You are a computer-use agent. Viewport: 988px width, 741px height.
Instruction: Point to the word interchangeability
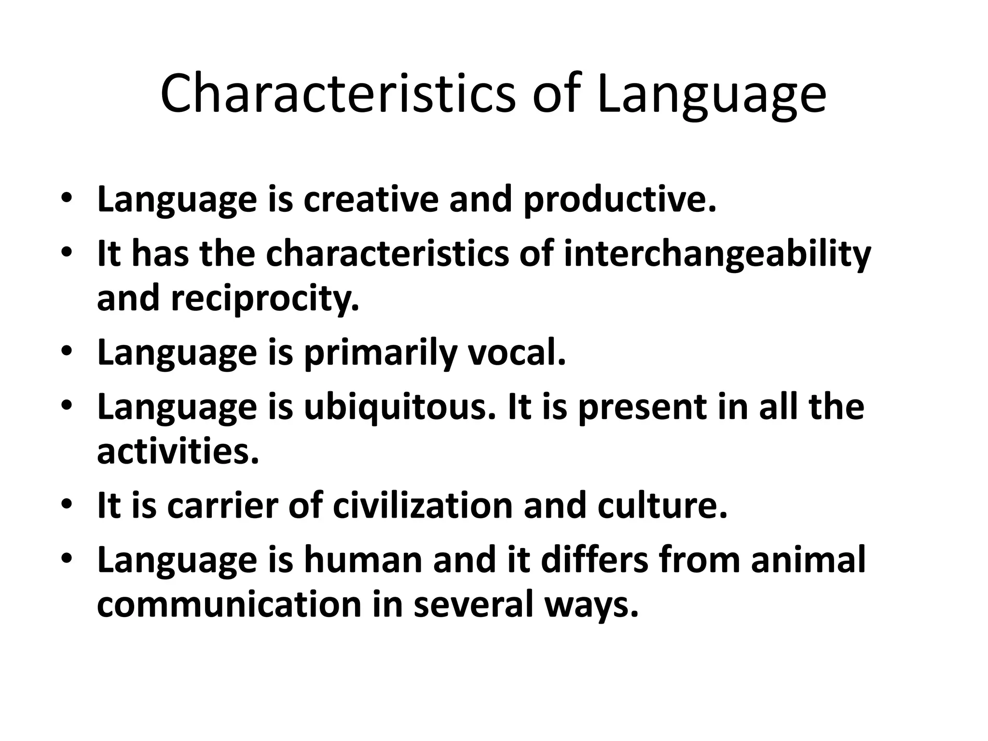[717, 254]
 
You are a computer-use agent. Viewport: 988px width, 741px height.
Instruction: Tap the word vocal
[517, 353]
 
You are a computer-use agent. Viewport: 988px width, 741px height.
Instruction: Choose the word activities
[178, 451]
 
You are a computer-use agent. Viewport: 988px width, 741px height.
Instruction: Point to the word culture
[662, 505]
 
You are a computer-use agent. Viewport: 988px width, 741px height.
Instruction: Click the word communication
[229, 604]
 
